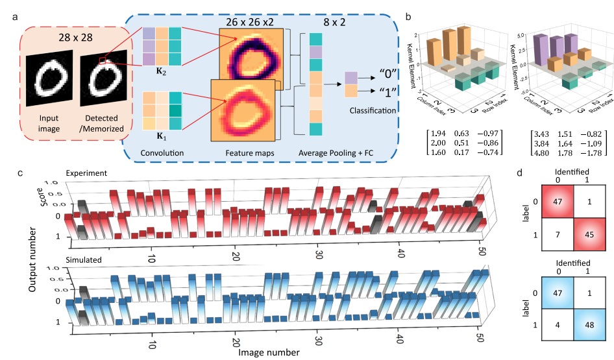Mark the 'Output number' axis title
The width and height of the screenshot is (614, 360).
click(32, 259)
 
